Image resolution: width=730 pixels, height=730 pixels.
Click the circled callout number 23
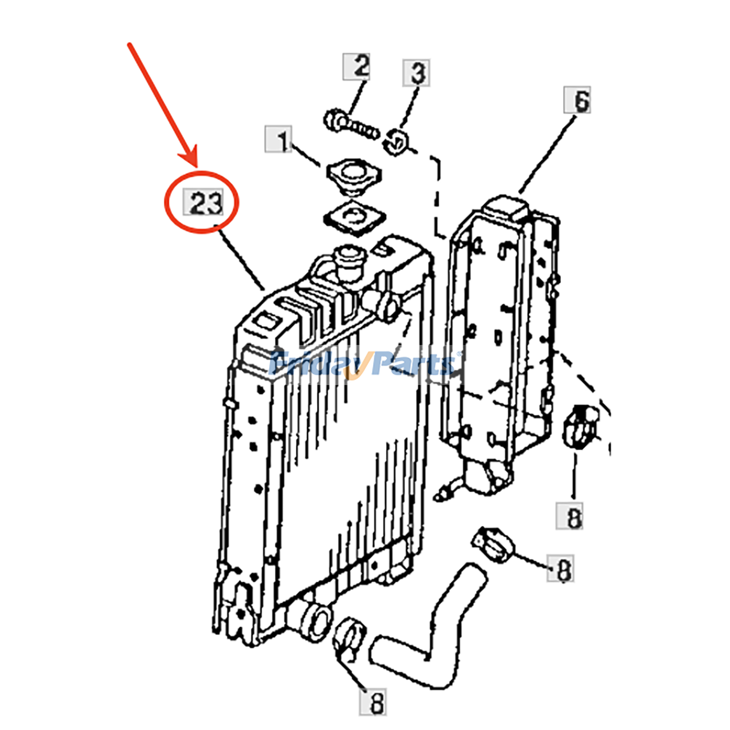203,202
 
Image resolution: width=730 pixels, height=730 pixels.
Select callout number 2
356,67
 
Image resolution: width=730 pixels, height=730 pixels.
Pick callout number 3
416,72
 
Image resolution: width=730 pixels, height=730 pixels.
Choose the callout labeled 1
278,139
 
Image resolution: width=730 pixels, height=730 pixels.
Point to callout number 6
577,99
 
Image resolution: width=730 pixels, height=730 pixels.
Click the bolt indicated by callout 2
350,125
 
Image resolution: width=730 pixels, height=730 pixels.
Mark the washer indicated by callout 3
396,142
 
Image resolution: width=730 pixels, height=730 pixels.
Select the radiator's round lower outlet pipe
313,622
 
